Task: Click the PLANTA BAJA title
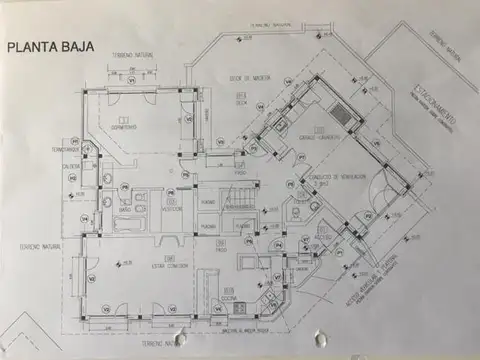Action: (x=50, y=46)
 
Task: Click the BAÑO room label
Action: (x=126, y=210)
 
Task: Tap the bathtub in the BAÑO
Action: (x=130, y=224)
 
